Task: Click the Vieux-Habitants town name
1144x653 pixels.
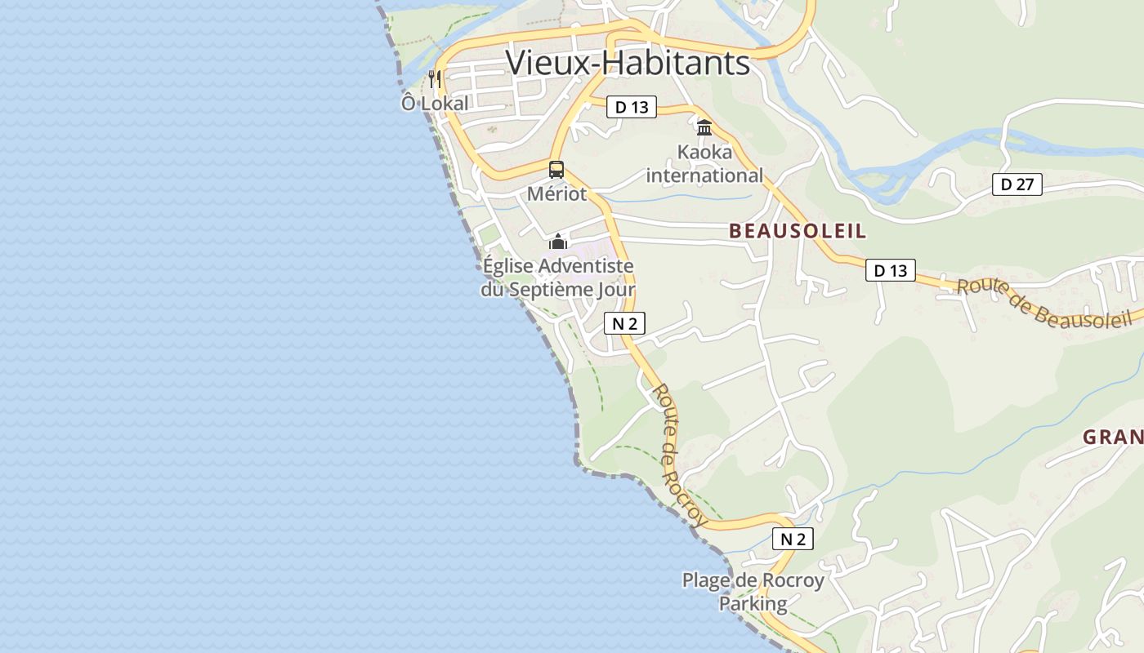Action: tap(628, 63)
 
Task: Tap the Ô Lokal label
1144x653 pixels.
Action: tap(435, 104)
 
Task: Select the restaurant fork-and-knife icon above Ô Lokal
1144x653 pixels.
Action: tap(435, 79)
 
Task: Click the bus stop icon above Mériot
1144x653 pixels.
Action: tap(556, 170)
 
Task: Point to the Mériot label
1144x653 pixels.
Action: tap(556, 193)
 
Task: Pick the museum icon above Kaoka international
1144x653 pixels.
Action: tap(704, 127)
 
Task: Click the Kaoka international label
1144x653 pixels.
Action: tap(704, 164)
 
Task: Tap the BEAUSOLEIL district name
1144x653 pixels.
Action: tap(798, 231)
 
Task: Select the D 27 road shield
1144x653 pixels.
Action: tap(1017, 184)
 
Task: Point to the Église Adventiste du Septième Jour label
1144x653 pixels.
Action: tap(558, 278)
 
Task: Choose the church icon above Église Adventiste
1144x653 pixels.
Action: tap(558, 242)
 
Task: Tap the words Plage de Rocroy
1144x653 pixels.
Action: tap(753, 581)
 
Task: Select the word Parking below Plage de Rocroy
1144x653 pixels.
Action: tap(753, 604)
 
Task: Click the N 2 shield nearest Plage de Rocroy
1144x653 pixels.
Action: tap(793, 539)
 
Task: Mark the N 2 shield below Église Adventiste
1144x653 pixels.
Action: tap(624, 323)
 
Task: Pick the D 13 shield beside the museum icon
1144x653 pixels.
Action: tap(632, 107)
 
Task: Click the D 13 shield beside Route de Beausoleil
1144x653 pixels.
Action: tap(891, 270)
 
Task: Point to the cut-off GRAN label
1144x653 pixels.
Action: tap(1113, 438)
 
